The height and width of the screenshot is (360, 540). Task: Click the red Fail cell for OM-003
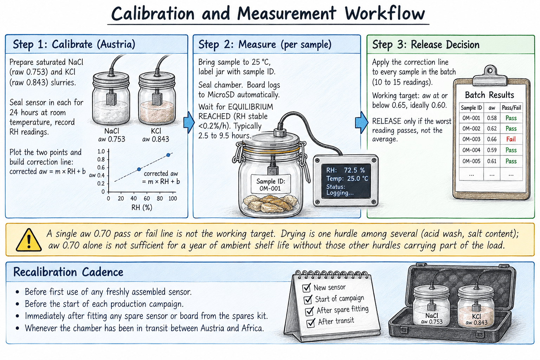coord(511,139)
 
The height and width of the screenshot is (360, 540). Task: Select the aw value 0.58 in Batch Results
coord(492,118)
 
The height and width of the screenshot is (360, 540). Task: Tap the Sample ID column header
coord(471,108)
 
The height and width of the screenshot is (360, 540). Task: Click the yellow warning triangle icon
coord(28,240)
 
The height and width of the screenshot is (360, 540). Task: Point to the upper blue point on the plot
coord(168,155)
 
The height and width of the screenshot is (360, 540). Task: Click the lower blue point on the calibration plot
coord(139,169)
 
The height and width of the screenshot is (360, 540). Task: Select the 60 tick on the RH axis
coord(147,198)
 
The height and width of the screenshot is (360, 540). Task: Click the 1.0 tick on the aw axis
coord(101,152)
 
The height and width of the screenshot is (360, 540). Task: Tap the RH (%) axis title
coord(142,208)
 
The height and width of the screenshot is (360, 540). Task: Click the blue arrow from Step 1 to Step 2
coord(189,122)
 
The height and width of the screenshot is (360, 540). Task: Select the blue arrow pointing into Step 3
coord(362,122)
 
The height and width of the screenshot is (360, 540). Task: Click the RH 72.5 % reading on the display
coord(346,170)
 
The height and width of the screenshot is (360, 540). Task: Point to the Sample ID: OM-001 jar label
coord(271,185)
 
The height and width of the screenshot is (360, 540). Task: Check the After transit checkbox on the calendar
coord(311,323)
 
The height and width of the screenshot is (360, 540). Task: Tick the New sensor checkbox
coord(307,288)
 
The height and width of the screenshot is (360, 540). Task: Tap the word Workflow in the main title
coord(385,13)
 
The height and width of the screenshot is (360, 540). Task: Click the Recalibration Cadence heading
coord(68,272)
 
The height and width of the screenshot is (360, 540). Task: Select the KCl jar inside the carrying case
coord(476,306)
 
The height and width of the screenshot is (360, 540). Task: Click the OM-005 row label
coord(471,161)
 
